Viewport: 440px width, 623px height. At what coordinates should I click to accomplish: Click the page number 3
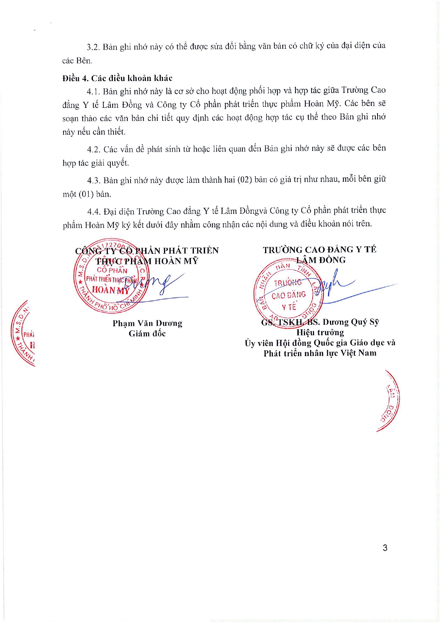[385, 548]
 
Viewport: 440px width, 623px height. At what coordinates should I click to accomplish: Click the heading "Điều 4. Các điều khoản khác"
[117, 78]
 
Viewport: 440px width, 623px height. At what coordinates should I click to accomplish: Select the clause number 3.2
[93, 47]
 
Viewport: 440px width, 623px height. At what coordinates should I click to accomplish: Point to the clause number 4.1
[94, 92]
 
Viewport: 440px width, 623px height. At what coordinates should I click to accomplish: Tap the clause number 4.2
[94, 149]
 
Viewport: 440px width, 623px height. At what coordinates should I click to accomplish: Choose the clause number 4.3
[94, 181]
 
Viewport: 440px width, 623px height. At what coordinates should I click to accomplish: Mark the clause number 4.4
[94, 212]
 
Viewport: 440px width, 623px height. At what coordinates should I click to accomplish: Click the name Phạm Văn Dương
[147, 323]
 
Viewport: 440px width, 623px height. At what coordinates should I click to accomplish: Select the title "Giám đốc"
[147, 334]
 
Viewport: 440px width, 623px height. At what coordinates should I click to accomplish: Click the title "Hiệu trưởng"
[320, 333]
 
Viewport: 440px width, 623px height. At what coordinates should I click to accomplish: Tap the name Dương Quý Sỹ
[351, 322]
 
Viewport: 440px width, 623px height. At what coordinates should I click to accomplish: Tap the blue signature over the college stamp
[334, 286]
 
